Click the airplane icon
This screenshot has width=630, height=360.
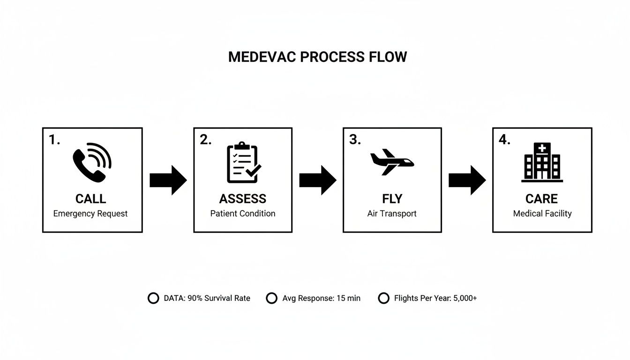click(392, 162)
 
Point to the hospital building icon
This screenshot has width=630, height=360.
click(542, 162)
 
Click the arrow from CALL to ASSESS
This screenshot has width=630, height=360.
click(168, 180)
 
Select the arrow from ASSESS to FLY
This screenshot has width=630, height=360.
click(317, 180)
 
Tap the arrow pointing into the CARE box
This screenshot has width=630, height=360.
click(467, 180)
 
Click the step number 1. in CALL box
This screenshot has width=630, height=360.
click(54, 140)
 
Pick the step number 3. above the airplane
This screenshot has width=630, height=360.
click(355, 140)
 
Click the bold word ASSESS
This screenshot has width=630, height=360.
click(243, 199)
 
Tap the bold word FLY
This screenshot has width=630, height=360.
click(392, 199)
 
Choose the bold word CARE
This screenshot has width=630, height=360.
click(542, 199)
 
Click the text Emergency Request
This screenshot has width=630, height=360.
click(90, 214)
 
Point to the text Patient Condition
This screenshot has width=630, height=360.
click(243, 214)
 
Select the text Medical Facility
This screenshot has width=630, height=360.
click(542, 214)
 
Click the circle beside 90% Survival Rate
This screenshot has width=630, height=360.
click(153, 298)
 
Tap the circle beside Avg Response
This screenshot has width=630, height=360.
click(271, 298)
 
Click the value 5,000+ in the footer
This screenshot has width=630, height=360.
click(465, 298)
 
